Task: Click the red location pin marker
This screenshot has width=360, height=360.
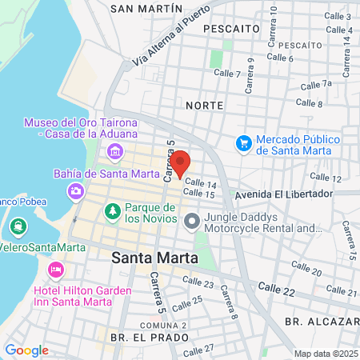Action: [x=181, y=163]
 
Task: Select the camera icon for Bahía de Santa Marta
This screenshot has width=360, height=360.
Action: [x=76, y=190]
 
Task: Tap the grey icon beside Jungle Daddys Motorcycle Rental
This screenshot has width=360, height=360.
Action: [x=192, y=222]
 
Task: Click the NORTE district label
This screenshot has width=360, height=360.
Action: [x=203, y=106]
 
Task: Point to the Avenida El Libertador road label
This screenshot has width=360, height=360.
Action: [x=282, y=194]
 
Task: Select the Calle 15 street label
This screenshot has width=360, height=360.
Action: [x=198, y=194]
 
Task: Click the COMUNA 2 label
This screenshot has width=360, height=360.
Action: [x=163, y=326]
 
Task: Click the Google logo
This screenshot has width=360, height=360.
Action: [x=26, y=350]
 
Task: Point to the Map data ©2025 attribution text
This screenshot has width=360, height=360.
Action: [x=324, y=354]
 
